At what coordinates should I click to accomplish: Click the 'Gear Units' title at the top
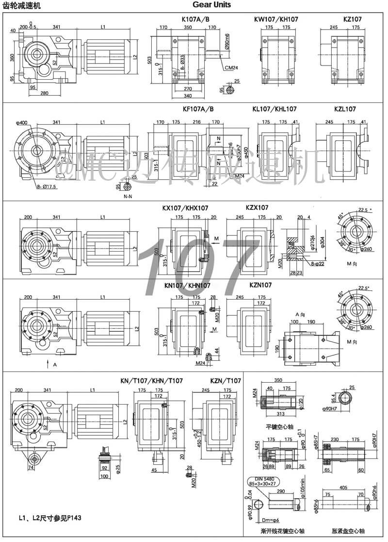pyautogui.click(x=211, y=5)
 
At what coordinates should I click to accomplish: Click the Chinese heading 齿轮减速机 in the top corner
pyautogui.click(x=22, y=5)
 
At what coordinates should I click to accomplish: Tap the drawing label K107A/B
pyautogui.click(x=195, y=19)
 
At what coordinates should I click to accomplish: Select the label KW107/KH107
pyautogui.click(x=276, y=19)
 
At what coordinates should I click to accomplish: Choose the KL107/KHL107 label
pyautogui.click(x=275, y=109)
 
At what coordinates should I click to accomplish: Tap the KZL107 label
pyautogui.click(x=345, y=109)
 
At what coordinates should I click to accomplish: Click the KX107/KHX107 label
pyautogui.click(x=185, y=208)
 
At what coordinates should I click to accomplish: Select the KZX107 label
pyautogui.click(x=257, y=207)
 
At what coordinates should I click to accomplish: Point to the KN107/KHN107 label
pyautogui.click(x=187, y=286)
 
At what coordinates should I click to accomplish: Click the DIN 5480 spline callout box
pyautogui.click(x=267, y=481)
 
